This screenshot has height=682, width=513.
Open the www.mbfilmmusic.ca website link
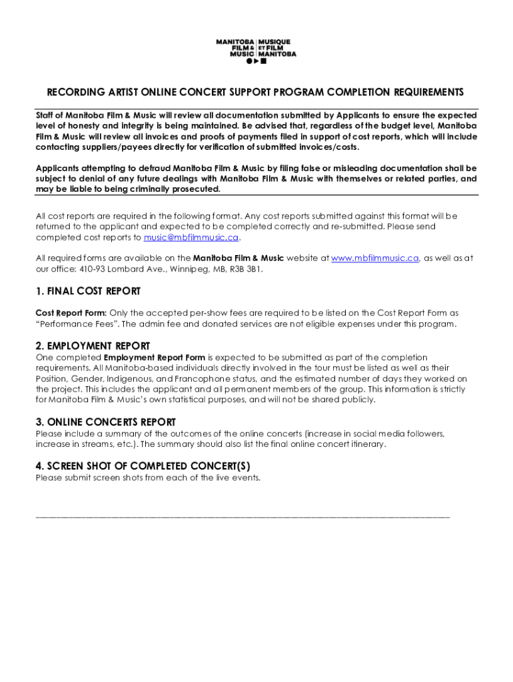coord(375,258)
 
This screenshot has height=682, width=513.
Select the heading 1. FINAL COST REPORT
coord(88,292)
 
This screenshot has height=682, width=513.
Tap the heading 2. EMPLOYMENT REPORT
coord(93,346)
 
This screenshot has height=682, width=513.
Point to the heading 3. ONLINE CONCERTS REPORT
coord(105,422)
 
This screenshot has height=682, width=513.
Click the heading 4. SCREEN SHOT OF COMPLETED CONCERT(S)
coord(143,466)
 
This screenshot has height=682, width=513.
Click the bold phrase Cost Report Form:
coord(71,313)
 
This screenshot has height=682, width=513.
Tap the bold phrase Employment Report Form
coord(155,358)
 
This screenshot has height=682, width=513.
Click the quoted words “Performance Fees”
coord(77,324)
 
